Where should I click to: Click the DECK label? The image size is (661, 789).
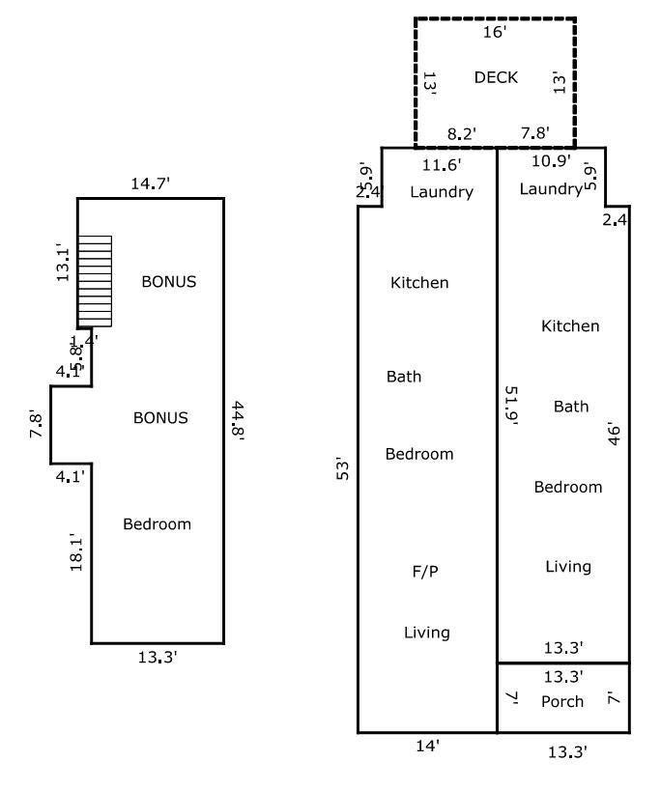(x=496, y=78)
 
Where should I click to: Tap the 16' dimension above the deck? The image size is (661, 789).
(x=494, y=32)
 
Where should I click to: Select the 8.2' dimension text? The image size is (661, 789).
(x=462, y=133)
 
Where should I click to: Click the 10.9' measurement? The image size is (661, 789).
(x=551, y=160)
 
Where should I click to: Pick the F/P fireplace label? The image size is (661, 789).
(x=425, y=572)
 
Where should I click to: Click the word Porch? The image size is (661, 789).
(x=561, y=701)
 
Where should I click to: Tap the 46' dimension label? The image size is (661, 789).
(x=612, y=431)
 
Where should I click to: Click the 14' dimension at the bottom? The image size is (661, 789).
(x=427, y=746)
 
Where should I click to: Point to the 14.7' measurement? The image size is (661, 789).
(x=150, y=183)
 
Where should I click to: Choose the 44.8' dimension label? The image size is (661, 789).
(x=237, y=419)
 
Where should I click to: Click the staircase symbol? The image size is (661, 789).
(x=95, y=281)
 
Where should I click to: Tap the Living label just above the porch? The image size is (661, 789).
(x=567, y=567)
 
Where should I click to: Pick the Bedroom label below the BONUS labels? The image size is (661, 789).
(x=157, y=524)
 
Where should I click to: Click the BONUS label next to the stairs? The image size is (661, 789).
(x=169, y=282)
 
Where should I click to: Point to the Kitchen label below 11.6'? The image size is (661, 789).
(x=419, y=283)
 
